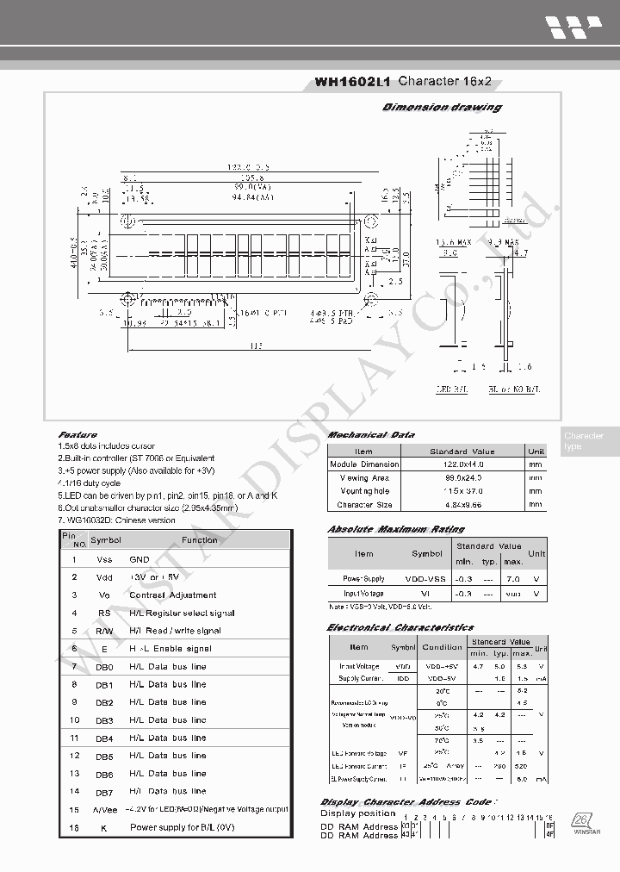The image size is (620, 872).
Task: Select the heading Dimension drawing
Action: click(x=442, y=108)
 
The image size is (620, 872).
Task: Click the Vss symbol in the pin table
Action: click(x=104, y=560)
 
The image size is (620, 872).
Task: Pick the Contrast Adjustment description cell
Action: click(x=173, y=595)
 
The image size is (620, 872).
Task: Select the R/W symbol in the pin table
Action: click(x=104, y=631)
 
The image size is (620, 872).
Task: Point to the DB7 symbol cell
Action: click(x=104, y=791)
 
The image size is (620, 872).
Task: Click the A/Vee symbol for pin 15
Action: click(x=104, y=810)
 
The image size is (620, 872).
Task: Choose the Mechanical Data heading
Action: click(x=371, y=435)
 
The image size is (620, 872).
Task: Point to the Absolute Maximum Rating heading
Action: click(x=396, y=529)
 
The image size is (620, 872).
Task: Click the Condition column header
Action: click(x=443, y=647)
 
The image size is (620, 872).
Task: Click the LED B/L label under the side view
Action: click(x=453, y=390)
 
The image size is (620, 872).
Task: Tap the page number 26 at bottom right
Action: click(x=580, y=819)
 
